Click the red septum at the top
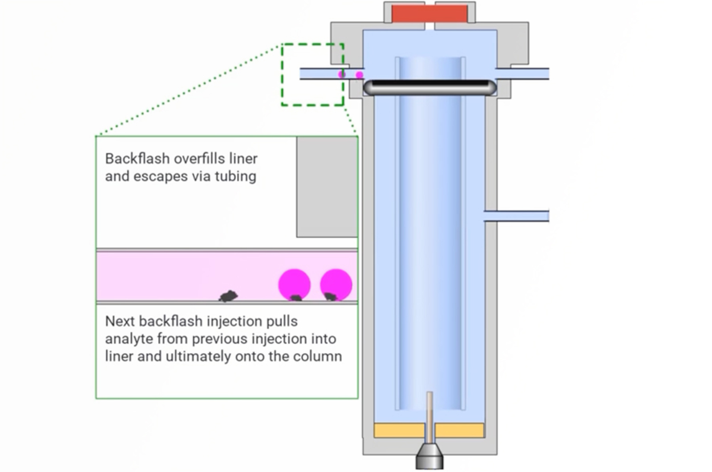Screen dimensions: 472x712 point(429,14)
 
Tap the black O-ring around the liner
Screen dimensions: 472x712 point(429,87)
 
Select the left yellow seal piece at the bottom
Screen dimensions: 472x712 point(399,430)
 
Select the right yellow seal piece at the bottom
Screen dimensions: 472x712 point(459,430)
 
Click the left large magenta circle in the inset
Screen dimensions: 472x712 point(294,284)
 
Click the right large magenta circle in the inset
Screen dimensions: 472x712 point(336,284)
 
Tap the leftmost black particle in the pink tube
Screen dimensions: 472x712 point(228,296)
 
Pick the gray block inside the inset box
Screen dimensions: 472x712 point(327,187)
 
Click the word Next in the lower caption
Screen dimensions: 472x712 point(120,321)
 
